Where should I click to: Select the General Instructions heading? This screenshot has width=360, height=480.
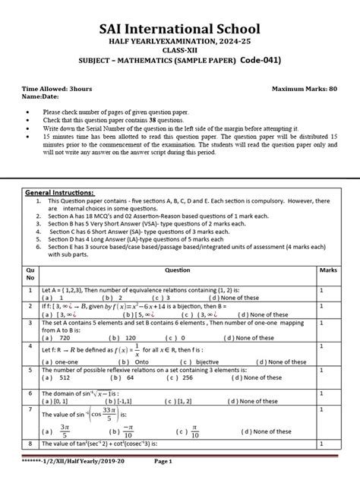(x=62, y=192)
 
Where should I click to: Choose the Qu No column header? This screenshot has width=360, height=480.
(x=31, y=273)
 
